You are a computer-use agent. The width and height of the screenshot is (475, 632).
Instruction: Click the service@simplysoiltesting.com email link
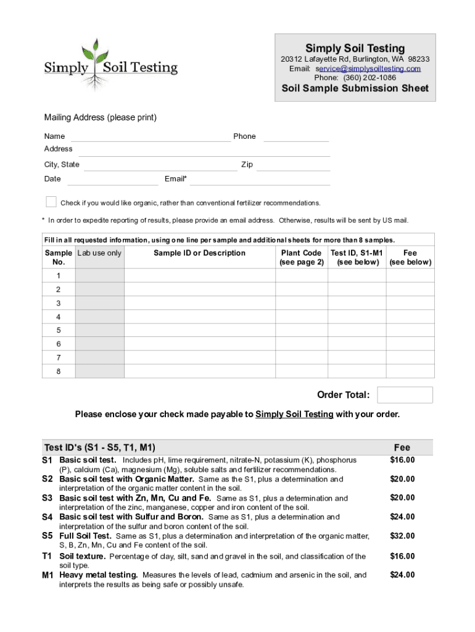point(368,69)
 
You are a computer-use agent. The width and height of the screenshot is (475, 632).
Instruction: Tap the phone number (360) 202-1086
point(370,78)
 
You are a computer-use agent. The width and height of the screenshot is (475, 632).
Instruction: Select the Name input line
point(151,136)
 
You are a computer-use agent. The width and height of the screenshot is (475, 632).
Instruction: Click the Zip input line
point(294,165)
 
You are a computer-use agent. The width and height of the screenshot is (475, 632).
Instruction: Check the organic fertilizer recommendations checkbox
point(51,202)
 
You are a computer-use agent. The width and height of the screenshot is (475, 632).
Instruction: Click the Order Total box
point(405,395)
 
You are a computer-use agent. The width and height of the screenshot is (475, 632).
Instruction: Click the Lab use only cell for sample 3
point(99,303)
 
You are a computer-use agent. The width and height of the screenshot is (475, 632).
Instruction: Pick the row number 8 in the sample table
point(58,371)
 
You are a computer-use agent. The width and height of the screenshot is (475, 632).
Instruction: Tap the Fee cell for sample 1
point(410,276)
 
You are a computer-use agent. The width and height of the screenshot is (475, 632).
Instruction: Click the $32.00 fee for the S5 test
point(402,536)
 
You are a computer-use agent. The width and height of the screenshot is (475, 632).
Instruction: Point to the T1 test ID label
point(47,557)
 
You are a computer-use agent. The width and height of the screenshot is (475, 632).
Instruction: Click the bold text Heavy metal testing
point(98,575)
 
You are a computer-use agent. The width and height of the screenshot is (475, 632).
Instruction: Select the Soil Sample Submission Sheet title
point(355,88)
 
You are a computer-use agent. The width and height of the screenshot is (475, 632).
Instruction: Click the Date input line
point(112,179)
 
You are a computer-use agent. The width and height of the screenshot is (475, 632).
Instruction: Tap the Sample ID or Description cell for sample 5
point(199,330)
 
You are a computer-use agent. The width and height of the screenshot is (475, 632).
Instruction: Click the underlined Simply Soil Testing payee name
point(294,414)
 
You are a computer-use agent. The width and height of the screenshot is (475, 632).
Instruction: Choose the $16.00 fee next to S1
point(402,460)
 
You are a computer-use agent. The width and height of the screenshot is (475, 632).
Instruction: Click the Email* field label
point(176,179)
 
